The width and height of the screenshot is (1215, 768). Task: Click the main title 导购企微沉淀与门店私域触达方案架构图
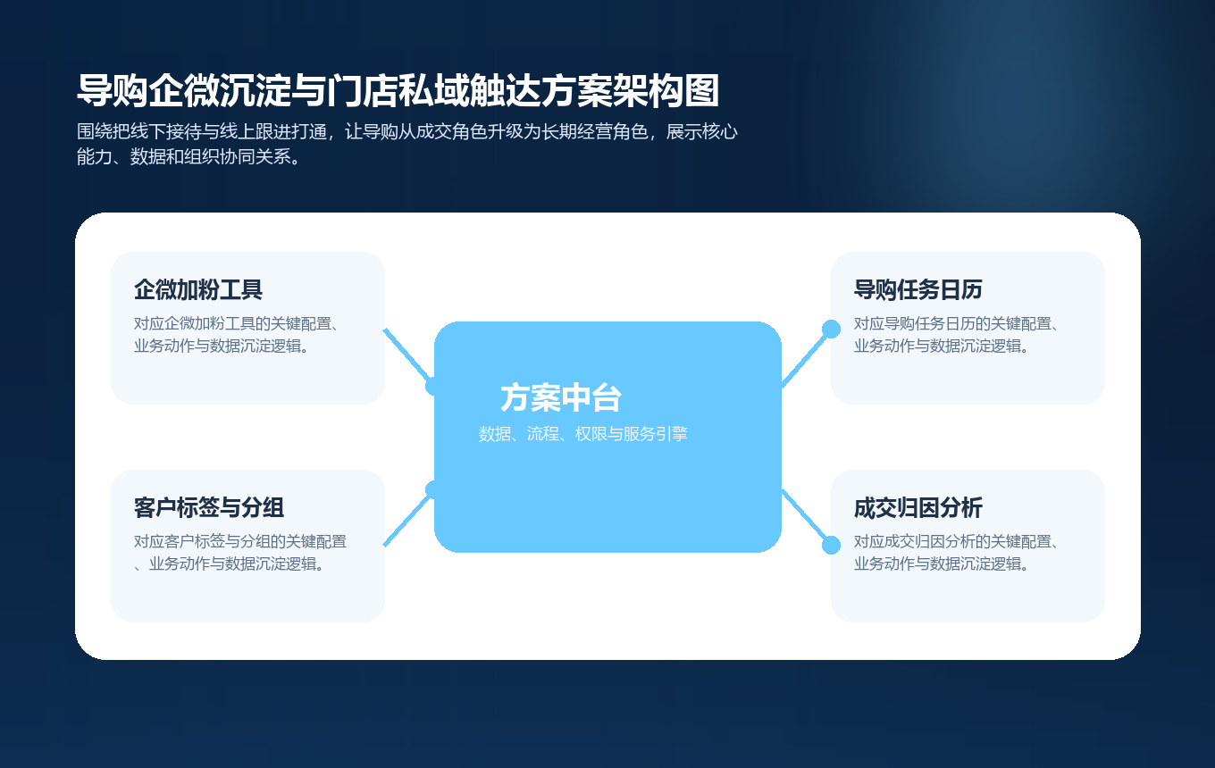[x=398, y=91]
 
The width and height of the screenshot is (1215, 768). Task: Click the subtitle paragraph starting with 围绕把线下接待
[x=407, y=145]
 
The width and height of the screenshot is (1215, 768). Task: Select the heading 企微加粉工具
[x=198, y=290]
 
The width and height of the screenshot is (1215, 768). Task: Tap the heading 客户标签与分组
[x=209, y=508]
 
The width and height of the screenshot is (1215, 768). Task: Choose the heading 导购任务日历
[x=918, y=290]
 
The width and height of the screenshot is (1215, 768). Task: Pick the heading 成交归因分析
[x=918, y=508]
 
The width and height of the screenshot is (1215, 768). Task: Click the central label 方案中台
[x=561, y=398]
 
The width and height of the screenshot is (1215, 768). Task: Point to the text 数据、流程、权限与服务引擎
[x=582, y=434]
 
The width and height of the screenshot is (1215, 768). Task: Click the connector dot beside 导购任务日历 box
[x=831, y=329]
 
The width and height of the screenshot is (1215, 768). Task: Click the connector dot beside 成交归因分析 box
[x=831, y=545]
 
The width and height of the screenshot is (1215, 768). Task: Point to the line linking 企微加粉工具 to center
[x=407, y=356]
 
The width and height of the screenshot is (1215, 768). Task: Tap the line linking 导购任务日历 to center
[x=806, y=357]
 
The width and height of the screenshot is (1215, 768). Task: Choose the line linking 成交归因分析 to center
[x=806, y=518]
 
